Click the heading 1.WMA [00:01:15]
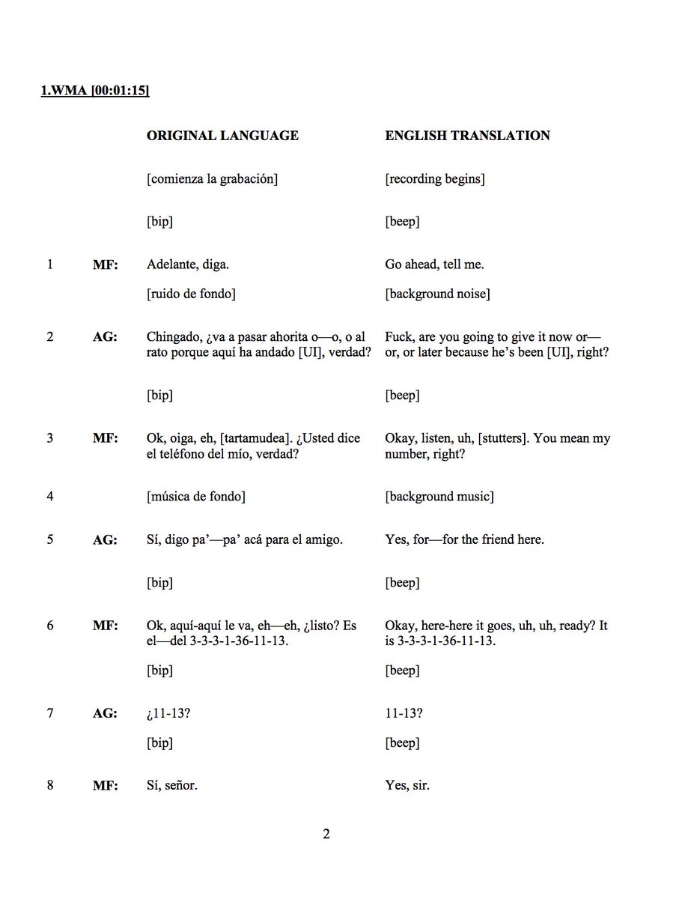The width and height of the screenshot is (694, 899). point(94,91)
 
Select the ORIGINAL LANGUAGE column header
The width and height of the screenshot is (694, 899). point(222,136)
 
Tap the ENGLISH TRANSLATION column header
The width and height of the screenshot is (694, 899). point(467,136)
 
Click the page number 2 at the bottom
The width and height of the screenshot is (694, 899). point(326,835)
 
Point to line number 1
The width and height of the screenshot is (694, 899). point(50,264)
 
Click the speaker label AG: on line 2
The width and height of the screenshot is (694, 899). point(104,337)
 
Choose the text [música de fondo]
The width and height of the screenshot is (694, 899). point(196,496)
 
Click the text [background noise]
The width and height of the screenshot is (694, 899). point(438,294)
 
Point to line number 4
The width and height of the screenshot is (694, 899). point(50,496)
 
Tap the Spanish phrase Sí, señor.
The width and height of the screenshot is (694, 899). point(172,787)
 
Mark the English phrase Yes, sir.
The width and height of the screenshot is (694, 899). point(407,787)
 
